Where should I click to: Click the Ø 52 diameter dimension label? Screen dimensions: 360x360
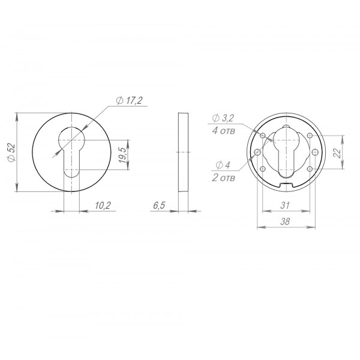pyautogui.click(x=11, y=152)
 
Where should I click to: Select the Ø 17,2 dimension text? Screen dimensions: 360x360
pyautogui.click(x=129, y=100)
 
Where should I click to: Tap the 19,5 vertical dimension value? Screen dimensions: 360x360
pyautogui.click(x=122, y=155)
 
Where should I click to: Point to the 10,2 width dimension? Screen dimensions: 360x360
pyautogui.click(x=103, y=205)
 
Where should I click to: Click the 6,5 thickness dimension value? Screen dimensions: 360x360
pyautogui.click(x=159, y=205)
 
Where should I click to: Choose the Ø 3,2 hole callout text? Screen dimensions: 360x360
pyautogui.click(x=223, y=118)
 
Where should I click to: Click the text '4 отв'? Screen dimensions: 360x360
pyautogui.click(x=224, y=131)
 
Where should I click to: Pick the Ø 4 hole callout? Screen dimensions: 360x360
pyautogui.click(x=223, y=165)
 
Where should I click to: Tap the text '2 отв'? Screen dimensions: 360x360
pyautogui.click(x=224, y=178)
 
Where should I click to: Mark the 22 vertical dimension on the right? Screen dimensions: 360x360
pyautogui.click(x=337, y=152)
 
